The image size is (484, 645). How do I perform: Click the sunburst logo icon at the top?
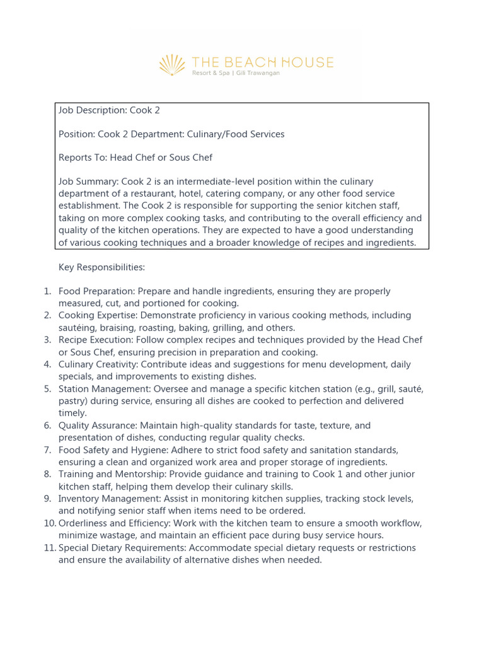pos(172,65)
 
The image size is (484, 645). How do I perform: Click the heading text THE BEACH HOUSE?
pos(262,62)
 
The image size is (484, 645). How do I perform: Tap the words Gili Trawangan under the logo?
pos(258,73)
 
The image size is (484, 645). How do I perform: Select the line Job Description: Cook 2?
pos(109,110)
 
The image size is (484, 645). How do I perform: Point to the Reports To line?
pos(135,157)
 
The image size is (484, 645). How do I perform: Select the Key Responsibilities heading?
pos(101,268)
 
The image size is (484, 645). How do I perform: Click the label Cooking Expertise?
pos(97,316)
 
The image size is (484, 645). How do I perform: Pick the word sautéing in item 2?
pos(78,328)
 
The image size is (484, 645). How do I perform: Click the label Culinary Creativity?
pos(98,364)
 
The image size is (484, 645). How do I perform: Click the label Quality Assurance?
pos(97,426)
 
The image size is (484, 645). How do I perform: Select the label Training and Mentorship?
pos(109,474)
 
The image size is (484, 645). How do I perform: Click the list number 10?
pos(50,523)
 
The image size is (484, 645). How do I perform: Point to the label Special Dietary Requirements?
pos(122,548)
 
